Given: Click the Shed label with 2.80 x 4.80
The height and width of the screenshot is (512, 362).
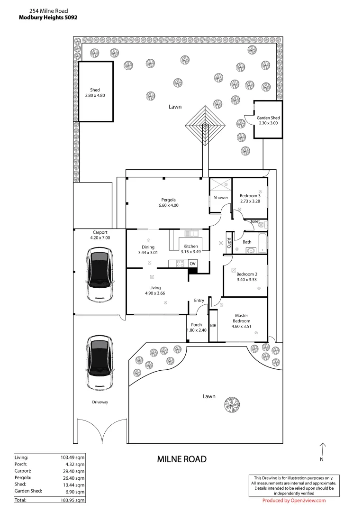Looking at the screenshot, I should point(95,92).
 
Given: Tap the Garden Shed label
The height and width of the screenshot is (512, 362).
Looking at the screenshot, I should point(268,120).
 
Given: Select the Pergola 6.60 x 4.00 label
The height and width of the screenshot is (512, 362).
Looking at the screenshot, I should point(168,202).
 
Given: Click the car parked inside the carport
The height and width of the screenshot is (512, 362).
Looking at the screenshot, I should point(100,276).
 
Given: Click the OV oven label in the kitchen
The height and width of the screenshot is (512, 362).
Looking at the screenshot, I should point(192,263).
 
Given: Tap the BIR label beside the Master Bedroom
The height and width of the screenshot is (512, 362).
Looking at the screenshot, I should point(213,325).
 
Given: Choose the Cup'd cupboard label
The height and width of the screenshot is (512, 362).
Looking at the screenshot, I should point(229,243).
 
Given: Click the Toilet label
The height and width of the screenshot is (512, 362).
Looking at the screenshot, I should point(255,221).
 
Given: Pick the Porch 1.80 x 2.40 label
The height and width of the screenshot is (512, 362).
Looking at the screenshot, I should point(197,328).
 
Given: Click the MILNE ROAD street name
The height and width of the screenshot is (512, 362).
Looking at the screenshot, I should point(181,459).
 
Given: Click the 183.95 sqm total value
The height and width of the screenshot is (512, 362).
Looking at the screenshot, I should point(73,500).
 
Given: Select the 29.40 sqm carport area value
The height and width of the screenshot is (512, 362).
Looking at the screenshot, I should point(75,471).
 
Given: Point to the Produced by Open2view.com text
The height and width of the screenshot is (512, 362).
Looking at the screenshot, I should point(294,501).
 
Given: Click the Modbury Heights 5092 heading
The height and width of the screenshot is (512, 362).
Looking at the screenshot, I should point(48,17).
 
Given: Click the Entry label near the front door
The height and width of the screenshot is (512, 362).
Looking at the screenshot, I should point(199,301).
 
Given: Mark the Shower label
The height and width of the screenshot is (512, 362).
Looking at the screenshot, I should point(221,198).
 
